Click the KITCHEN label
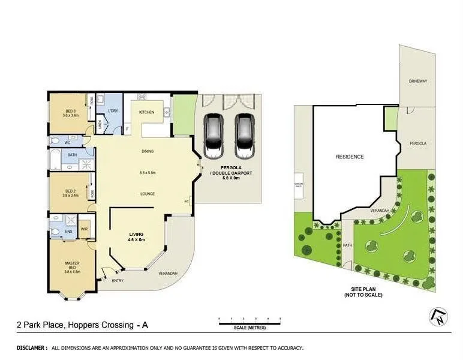tap(147, 112)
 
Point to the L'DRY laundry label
tap(112, 112)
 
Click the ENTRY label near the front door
tap(117, 280)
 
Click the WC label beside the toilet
tap(68, 143)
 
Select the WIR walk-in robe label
tap(84, 229)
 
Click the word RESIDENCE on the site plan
tap(349, 157)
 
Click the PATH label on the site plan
tap(347, 245)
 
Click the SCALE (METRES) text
tap(249, 328)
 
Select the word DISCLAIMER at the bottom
tap(31, 347)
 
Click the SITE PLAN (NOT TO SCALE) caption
tap(363, 292)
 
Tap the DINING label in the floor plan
tap(148, 151)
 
